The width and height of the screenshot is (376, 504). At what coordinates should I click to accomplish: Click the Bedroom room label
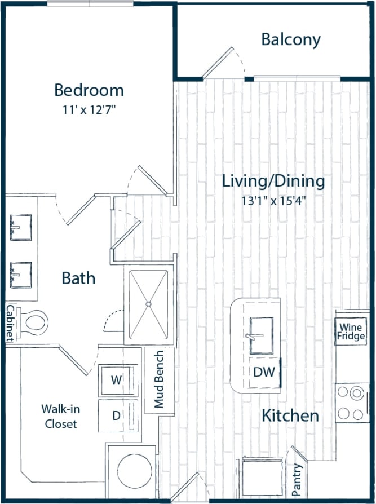(x=89, y=90)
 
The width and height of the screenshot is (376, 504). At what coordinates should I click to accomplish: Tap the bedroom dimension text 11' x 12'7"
(x=89, y=109)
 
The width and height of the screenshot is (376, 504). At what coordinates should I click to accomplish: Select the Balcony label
(x=290, y=39)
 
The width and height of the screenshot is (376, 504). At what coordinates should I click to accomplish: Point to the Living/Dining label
(x=273, y=182)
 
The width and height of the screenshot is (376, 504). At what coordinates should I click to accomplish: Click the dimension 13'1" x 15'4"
(x=273, y=201)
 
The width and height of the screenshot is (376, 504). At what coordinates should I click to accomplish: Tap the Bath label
(x=78, y=278)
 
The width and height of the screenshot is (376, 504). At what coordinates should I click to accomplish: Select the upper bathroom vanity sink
(x=21, y=227)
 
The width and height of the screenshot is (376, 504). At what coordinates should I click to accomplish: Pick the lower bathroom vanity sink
(x=21, y=275)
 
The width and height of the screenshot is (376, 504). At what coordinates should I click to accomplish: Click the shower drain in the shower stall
(x=148, y=304)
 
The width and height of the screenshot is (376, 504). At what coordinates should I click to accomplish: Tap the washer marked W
(x=117, y=380)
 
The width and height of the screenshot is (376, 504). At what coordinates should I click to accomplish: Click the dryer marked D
(x=117, y=416)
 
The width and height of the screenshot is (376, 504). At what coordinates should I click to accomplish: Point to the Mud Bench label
(x=159, y=379)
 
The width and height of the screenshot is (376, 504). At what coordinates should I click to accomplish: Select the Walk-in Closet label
(x=60, y=416)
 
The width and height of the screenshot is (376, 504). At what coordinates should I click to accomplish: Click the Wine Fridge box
(x=352, y=331)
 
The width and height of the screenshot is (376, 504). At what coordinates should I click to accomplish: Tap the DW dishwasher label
(x=263, y=372)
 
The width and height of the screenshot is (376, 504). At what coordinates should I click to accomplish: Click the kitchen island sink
(x=261, y=336)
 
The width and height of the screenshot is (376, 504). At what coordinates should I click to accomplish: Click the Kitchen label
(x=290, y=416)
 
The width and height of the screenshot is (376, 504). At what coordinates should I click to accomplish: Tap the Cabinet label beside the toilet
(x=10, y=323)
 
